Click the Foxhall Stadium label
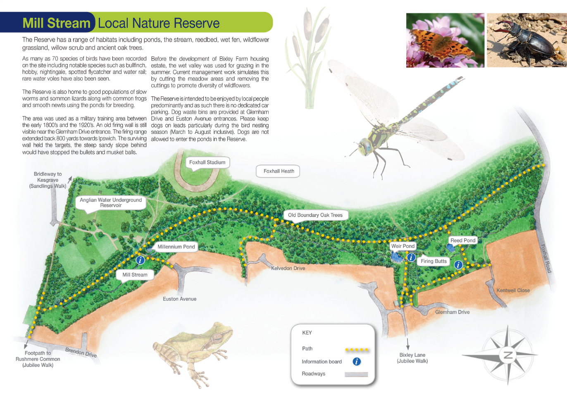coord(207,162)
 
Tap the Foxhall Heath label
coord(279,171)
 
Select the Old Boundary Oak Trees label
coord(315,215)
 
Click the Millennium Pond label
coord(176,247)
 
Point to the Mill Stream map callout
coord(135,275)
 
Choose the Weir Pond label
coord(403,246)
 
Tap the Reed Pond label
coord(463,240)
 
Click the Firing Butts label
coord(434,261)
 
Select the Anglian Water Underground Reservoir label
coord(111,202)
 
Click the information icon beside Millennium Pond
coord(141,260)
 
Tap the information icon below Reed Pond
coord(458,265)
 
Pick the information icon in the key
coord(357,362)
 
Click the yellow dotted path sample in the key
coord(356,350)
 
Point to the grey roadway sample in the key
coord(356,374)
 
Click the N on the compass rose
coord(508,355)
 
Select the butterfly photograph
coord(445,40)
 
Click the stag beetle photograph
coord(526,40)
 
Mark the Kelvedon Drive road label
coord(288,268)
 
